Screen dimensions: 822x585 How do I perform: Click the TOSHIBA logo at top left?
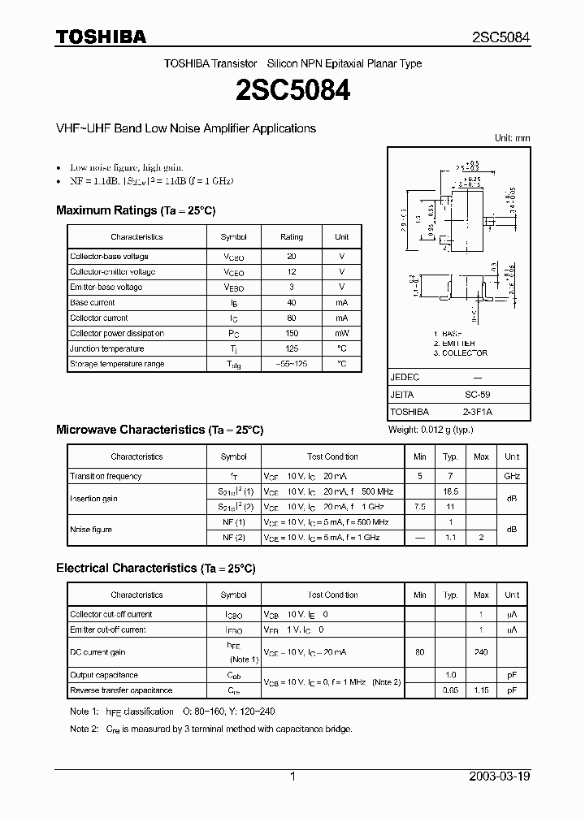[101, 37]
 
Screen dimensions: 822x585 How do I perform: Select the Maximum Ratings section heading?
[136, 210]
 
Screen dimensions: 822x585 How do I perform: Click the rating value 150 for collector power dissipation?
[292, 333]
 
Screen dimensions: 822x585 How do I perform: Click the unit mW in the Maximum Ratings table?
[341, 333]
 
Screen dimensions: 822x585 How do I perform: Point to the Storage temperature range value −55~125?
[292, 364]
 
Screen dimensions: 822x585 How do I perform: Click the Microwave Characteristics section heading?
[159, 429]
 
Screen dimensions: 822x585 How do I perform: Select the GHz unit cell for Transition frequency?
[512, 476]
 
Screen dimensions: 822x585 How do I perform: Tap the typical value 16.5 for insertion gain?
[450, 491]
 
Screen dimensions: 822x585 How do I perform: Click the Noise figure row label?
[91, 530]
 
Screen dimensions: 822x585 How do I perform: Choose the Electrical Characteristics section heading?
[156, 568]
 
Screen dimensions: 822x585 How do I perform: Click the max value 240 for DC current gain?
[481, 652]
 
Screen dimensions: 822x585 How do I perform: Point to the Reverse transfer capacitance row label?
[121, 690]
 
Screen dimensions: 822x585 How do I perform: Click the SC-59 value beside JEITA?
[476, 394]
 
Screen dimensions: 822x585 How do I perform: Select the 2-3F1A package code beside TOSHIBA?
[476, 412]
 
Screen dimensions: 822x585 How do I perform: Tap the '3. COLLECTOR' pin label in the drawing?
[460, 353]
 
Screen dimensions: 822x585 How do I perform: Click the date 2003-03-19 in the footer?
[500, 777]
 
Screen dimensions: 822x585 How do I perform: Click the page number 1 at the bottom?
[292, 777]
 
